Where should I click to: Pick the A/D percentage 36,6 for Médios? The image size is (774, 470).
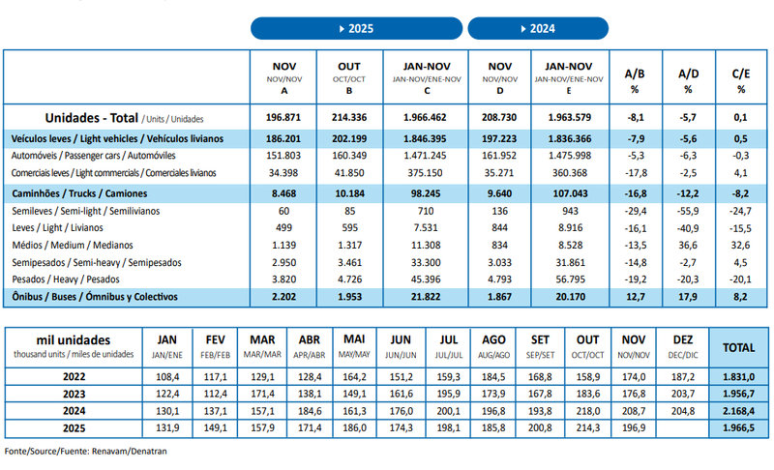coord(688,246)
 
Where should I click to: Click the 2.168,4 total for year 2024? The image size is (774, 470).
coord(738,410)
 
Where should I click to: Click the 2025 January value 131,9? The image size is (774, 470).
coord(168,428)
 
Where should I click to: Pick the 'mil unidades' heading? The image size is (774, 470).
coord(73,339)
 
